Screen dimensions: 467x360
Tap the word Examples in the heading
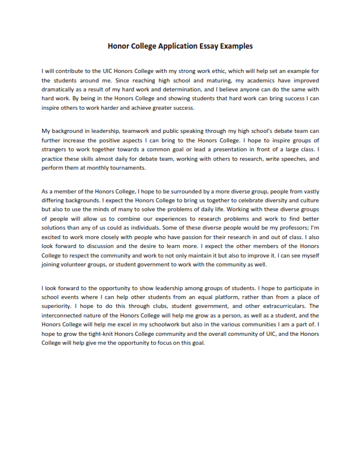coord(235,46)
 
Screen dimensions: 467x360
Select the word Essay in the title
coord(209,46)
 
